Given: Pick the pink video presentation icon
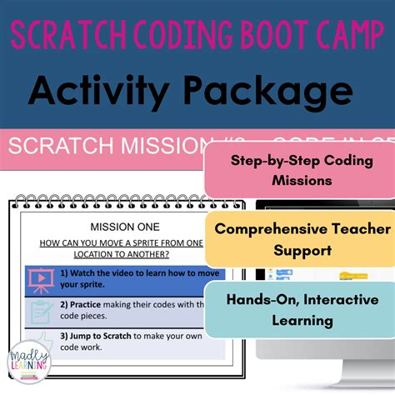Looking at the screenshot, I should coord(41,278).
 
